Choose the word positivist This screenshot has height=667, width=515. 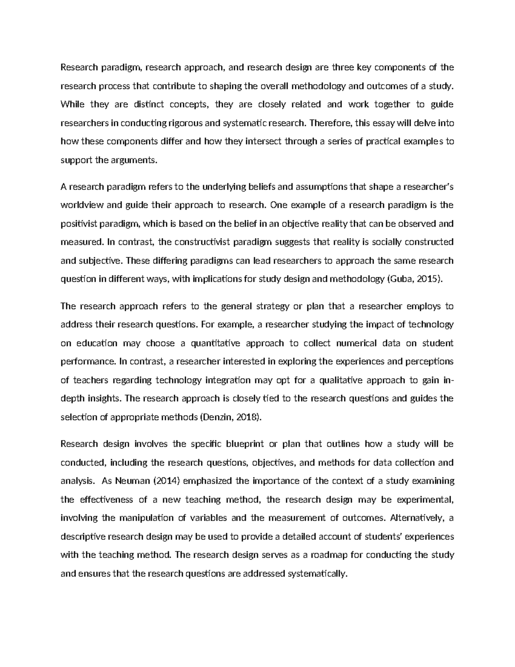pyautogui.click(x=79, y=223)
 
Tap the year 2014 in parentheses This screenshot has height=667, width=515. pyautogui.click(x=165, y=481)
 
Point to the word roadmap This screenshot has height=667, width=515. pyautogui.click(x=330, y=555)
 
